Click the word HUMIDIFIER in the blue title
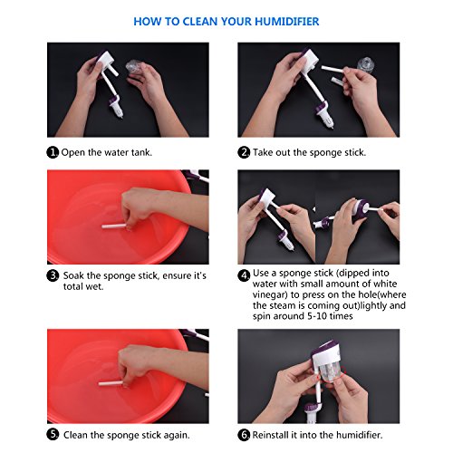click(x=287, y=22)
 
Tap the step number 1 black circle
click(x=53, y=152)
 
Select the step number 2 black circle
click(x=244, y=152)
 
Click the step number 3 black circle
click(x=53, y=275)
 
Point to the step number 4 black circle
click(x=244, y=275)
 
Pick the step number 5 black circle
click(x=53, y=435)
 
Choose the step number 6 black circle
click(x=244, y=435)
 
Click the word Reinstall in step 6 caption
click(x=270, y=435)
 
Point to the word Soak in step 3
click(x=73, y=275)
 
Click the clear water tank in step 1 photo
click(x=134, y=66)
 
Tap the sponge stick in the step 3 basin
click(x=114, y=226)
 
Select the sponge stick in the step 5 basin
click(x=111, y=383)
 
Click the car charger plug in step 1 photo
click(x=116, y=107)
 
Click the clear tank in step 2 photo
click(x=365, y=64)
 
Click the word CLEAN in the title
click(x=200, y=22)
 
